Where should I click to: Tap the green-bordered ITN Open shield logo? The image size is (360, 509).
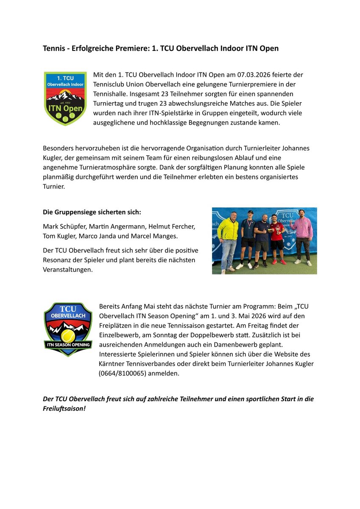pyautogui.click(x=65, y=98)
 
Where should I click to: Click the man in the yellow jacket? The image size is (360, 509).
pyautogui.click(x=228, y=240)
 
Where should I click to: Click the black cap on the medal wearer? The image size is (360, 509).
pyautogui.click(x=250, y=212)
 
